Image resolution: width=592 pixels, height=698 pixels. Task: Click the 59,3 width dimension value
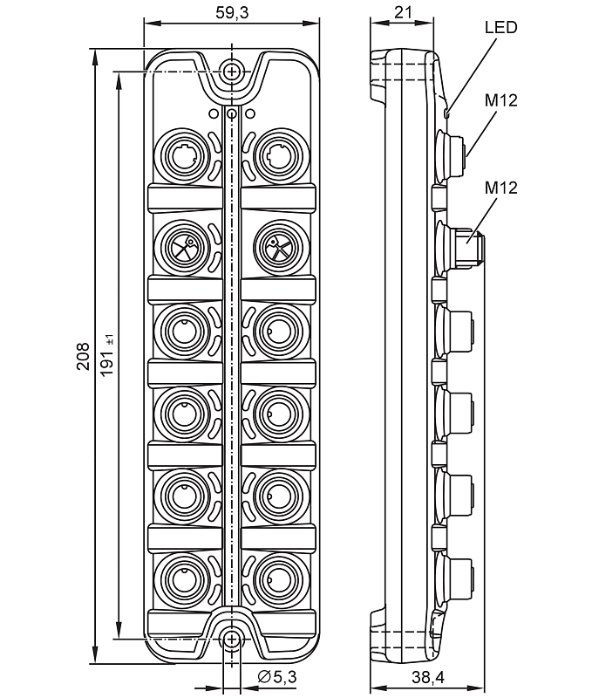point(230,13)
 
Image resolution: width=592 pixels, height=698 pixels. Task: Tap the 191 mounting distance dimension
point(107,353)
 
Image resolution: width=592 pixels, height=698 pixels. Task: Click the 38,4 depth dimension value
point(428,677)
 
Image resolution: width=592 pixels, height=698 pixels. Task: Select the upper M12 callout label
point(501,100)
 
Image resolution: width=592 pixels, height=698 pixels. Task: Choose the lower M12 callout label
point(501,188)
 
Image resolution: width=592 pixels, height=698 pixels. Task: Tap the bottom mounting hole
point(231,640)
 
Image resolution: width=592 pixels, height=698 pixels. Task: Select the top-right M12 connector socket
point(278,157)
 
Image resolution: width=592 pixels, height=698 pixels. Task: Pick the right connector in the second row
point(278,248)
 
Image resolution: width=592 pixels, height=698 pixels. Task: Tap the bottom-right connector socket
point(278,577)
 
